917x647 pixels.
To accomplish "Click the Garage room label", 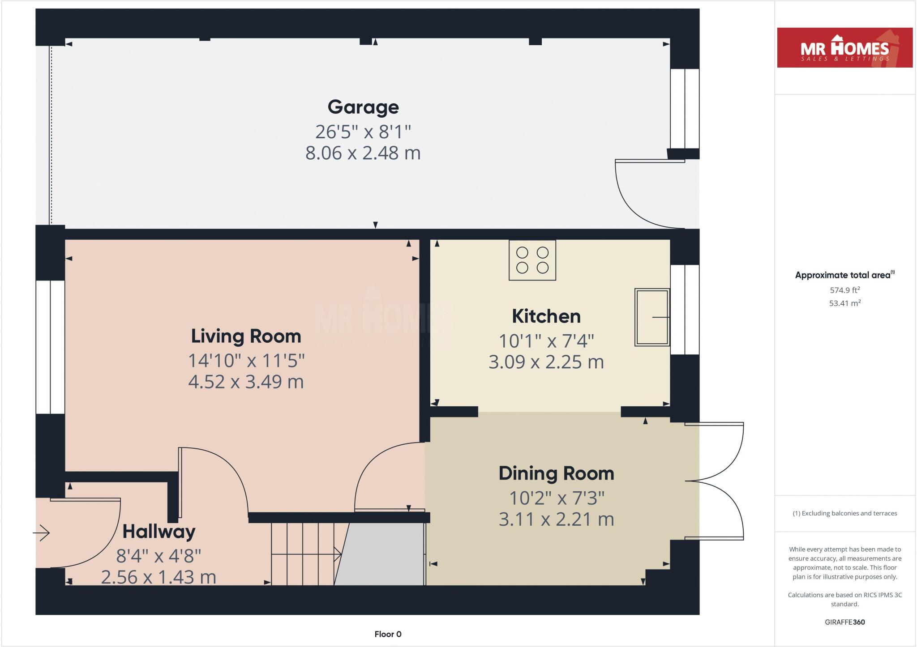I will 363,107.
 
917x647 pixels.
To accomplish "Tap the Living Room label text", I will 246,336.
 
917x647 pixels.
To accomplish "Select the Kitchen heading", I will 546,316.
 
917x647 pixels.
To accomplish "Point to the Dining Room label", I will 556,473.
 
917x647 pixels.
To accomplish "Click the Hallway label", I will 159,532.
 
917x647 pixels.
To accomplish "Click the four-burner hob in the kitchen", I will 532,260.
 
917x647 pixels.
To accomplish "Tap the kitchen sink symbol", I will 652,317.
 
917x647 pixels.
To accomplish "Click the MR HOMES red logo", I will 844,48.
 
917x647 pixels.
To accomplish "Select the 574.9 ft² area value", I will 844,290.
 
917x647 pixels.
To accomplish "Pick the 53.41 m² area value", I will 844,303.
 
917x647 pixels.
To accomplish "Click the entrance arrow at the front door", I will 41,533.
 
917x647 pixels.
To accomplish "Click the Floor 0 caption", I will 388,634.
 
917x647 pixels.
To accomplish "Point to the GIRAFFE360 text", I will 844,622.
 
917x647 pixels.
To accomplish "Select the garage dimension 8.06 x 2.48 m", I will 363,153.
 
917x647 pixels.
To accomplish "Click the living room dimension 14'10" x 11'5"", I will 246,361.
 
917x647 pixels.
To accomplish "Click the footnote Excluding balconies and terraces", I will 844,513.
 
